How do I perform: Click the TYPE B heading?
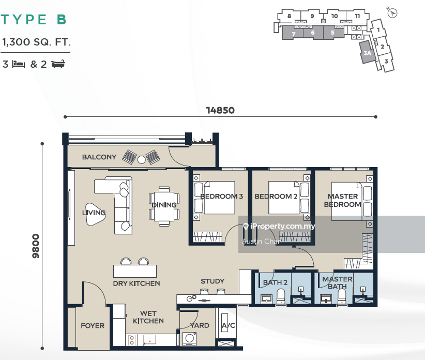[34, 20]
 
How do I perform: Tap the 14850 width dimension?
[220, 110]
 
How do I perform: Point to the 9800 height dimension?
[36, 246]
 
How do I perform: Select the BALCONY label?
[99, 157]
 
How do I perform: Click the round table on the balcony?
[142, 160]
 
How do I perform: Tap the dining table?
[164, 206]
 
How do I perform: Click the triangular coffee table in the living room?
[95, 214]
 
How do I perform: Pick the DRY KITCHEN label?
[136, 283]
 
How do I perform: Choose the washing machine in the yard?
[189, 339]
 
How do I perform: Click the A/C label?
[228, 325]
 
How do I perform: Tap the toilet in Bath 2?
[281, 296]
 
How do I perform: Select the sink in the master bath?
[326, 299]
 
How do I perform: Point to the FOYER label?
[93, 325]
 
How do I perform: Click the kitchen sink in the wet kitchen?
[149, 340]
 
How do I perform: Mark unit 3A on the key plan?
[367, 53]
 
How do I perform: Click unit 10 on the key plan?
[335, 16]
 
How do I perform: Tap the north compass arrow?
[392, 12]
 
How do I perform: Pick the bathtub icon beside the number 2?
[58, 64]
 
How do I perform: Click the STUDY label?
[212, 281]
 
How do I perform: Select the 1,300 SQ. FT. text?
[36, 42]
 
